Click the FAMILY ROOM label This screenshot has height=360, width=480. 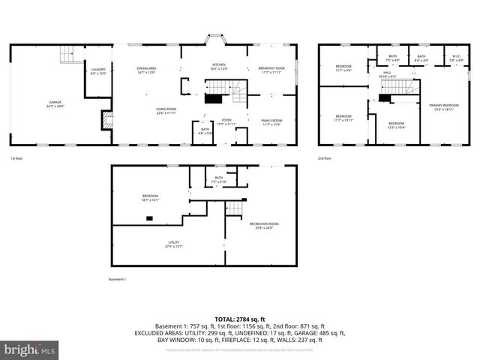click(x=271, y=121)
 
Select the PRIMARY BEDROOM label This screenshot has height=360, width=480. click(x=444, y=106)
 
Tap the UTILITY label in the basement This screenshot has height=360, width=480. click(x=174, y=244)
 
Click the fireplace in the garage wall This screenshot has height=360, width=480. click(x=107, y=120)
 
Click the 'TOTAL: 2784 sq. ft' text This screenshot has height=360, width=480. click(x=239, y=319)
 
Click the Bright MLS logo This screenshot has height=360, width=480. click(x=30, y=349)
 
